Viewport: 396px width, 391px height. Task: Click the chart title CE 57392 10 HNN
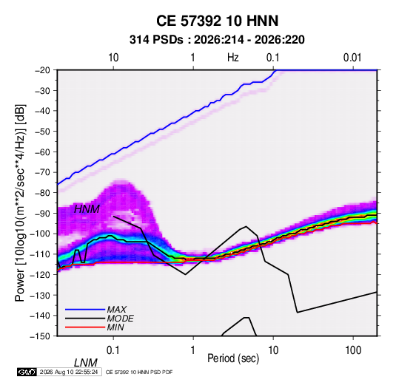tap(217, 21)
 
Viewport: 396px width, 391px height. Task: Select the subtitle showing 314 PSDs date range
tap(217, 40)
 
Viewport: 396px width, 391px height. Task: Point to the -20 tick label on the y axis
tap(42, 70)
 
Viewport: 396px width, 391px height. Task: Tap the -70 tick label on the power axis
tap(42, 172)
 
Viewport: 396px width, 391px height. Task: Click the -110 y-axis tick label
tap(40, 254)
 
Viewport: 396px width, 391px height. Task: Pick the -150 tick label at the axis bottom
tap(40, 336)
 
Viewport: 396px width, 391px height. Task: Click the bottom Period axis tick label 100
tap(353, 350)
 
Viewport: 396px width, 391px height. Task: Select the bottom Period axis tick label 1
tap(193, 350)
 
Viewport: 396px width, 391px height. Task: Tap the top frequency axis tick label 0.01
tap(352, 58)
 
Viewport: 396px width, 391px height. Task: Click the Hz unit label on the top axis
tap(233, 58)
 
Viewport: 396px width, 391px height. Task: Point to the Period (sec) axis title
tap(233, 358)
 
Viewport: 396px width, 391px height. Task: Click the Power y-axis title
tap(20, 203)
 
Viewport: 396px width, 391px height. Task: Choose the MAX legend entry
tap(116, 310)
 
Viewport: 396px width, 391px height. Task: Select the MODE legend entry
tap(120, 319)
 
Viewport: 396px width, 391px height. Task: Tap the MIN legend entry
tap(115, 327)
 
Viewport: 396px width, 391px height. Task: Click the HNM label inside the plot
tap(87, 209)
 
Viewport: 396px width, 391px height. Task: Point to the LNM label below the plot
tap(86, 363)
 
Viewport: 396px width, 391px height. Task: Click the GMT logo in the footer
tap(27, 372)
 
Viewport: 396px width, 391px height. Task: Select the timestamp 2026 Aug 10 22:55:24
tap(69, 372)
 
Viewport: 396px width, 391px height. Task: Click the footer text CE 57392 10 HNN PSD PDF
tap(139, 372)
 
